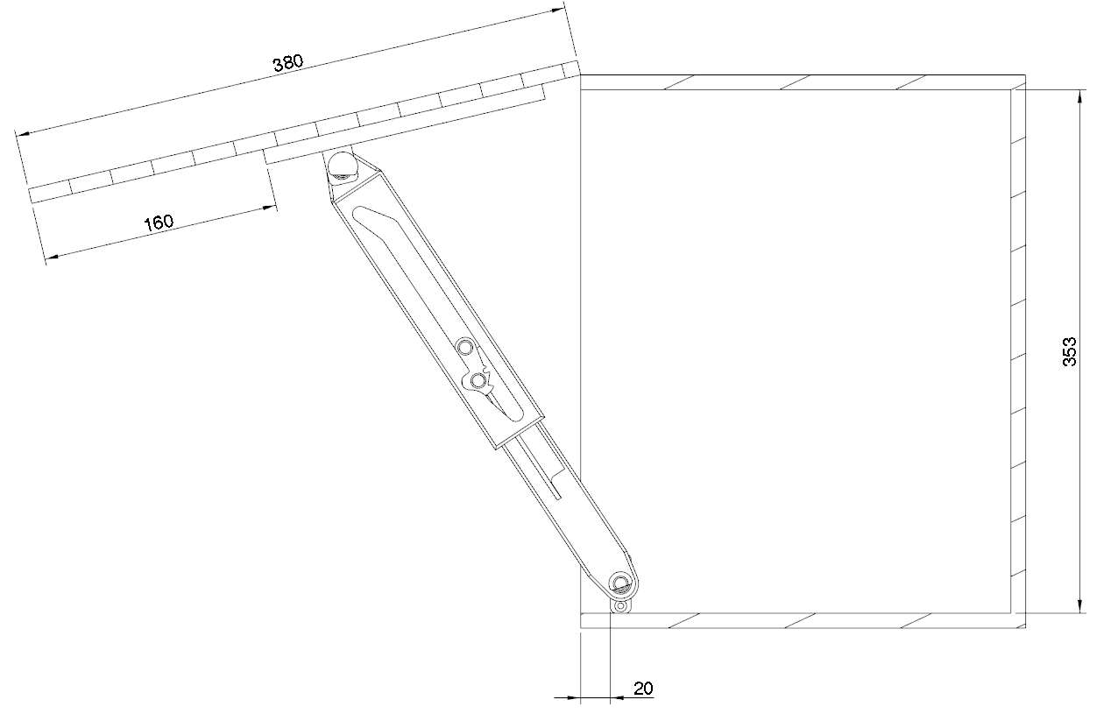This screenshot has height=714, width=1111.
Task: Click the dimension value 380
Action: pyautogui.click(x=287, y=63)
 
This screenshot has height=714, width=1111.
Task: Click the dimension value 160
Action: pyautogui.click(x=159, y=223)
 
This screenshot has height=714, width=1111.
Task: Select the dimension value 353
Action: pyautogui.click(x=1070, y=351)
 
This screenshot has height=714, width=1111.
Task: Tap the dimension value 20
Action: pyautogui.click(x=642, y=689)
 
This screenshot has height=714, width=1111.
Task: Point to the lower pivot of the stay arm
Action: pyautogui.click(x=620, y=583)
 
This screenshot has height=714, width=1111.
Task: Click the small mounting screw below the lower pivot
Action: pyautogui.click(x=620, y=605)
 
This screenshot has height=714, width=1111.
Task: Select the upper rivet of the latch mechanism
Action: pyautogui.click(x=464, y=349)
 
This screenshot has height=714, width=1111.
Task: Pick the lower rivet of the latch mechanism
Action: pyautogui.click(x=478, y=380)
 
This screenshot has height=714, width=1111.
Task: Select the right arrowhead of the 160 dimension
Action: pyautogui.click(x=268, y=208)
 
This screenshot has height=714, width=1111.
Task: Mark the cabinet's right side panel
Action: pyautogui.click(x=1018, y=350)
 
